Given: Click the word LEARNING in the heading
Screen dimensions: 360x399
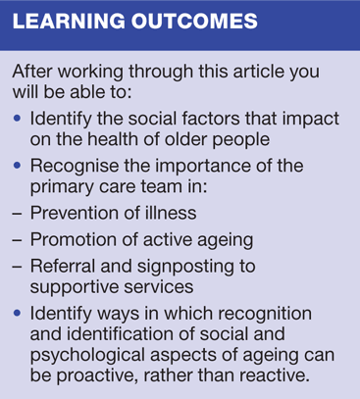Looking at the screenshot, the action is [x=69, y=22].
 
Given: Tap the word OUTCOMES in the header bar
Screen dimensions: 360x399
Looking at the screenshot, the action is [x=194, y=22].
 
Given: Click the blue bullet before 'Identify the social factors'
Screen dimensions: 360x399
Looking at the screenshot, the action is [x=18, y=119].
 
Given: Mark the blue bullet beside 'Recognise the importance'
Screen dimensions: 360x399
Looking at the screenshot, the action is [x=18, y=166].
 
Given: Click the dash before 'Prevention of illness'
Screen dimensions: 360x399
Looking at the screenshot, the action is [x=17, y=214].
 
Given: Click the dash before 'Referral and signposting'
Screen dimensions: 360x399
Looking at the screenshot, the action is [x=17, y=268].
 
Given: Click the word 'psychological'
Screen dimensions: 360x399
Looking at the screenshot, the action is [x=87, y=355].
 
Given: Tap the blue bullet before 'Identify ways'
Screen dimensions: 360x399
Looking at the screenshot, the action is [x=18, y=314].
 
